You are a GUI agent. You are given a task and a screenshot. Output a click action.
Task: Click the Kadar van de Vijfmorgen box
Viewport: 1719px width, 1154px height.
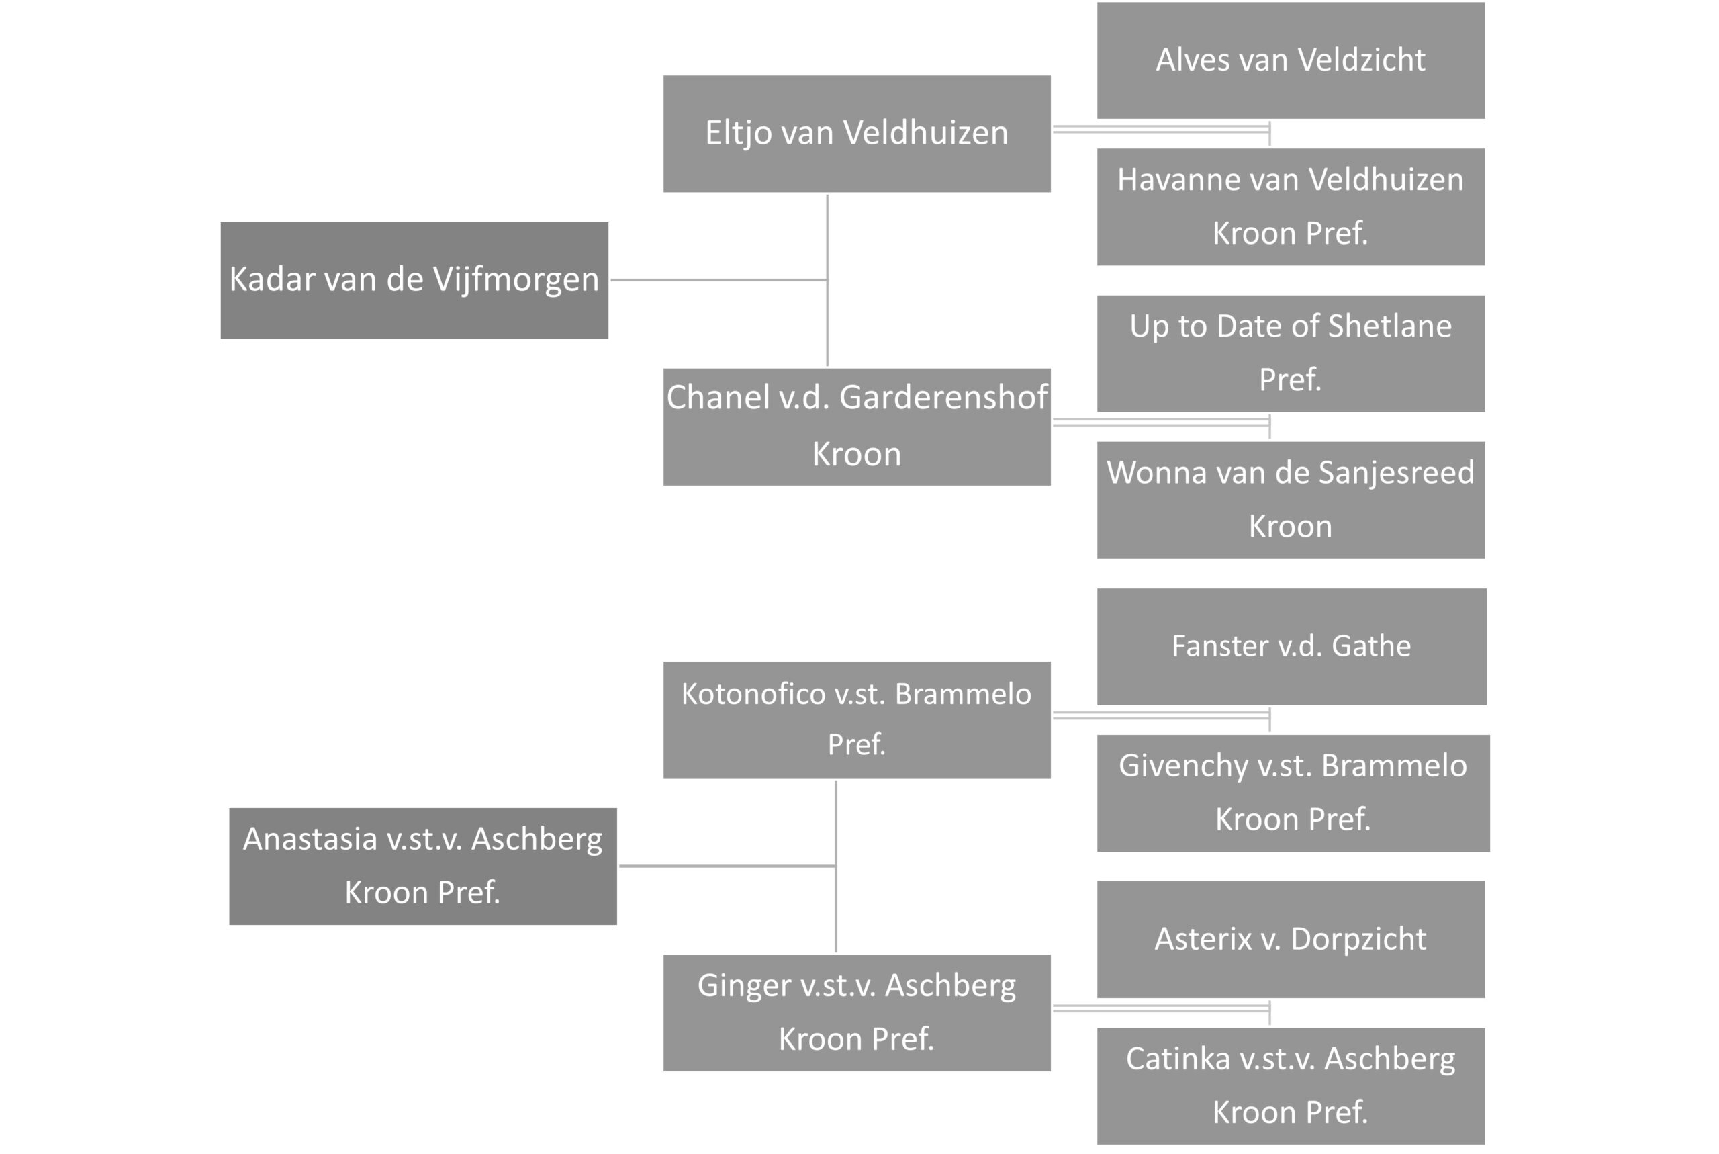414,280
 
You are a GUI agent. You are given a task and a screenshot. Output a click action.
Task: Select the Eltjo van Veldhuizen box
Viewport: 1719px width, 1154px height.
857,134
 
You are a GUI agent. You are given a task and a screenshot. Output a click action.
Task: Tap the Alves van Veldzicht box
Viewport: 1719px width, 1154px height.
1291,60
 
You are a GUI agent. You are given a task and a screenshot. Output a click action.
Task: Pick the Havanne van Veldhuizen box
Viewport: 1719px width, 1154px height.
1291,207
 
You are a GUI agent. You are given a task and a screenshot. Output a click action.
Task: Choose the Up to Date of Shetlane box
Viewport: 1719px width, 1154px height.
1291,353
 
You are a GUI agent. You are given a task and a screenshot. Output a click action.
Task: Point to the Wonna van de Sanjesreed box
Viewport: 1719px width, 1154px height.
1291,500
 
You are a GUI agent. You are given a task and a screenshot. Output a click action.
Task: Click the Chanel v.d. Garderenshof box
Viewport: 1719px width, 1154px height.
857,427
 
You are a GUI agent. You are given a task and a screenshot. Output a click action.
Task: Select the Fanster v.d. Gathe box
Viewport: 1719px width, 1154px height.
1292,646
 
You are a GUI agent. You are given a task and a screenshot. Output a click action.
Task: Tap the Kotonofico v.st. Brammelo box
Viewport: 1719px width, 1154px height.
857,720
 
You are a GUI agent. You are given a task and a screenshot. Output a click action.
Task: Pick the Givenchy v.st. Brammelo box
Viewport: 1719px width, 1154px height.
1293,793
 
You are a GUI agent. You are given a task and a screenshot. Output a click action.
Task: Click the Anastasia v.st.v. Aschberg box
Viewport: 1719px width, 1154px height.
423,867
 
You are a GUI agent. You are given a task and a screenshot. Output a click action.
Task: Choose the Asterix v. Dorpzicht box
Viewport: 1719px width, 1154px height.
1291,939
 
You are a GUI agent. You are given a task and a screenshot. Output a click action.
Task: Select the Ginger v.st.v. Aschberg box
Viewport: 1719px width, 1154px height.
857,1013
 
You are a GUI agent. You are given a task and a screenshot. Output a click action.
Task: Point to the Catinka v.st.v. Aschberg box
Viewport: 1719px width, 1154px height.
1291,1086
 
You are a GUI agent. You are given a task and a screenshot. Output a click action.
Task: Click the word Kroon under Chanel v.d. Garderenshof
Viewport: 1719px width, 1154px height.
857,454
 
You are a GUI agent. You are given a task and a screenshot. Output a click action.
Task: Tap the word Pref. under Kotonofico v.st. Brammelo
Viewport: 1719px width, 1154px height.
857,745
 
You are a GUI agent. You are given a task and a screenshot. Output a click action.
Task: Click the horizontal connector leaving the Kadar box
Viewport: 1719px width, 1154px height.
718,279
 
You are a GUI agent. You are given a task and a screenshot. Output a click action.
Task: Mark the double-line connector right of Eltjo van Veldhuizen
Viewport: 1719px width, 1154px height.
1162,130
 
